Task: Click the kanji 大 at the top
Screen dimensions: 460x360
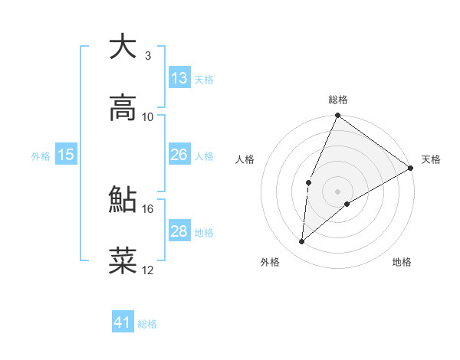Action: (123, 47)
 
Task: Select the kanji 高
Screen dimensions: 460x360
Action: (123, 109)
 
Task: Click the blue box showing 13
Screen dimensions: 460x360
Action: (179, 78)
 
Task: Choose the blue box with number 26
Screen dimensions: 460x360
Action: (179, 155)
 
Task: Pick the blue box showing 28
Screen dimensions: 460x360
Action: (179, 231)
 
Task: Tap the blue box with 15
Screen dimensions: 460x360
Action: (66, 155)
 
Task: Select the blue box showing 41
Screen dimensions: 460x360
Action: (123, 323)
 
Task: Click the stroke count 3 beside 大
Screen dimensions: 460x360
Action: (148, 55)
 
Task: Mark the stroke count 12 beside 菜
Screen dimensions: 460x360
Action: (148, 270)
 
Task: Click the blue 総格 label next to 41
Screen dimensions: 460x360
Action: (147, 324)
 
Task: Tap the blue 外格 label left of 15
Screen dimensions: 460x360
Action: (41, 155)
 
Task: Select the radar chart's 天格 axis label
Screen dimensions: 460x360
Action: (431, 159)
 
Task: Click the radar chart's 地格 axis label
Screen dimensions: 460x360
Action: (402, 262)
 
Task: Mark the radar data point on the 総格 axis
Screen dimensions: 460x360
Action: (337, 116)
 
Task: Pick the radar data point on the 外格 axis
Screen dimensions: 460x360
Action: (302, 242)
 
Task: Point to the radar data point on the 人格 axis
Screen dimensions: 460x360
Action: (308, 182)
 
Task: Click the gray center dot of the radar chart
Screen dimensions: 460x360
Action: (337, 191)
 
